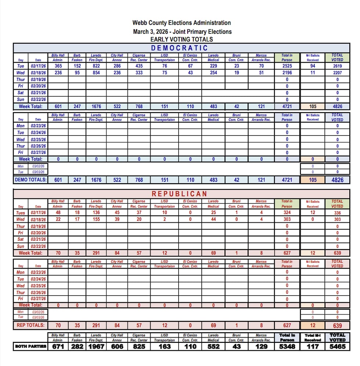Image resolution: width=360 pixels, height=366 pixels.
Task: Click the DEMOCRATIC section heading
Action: [x=180, y=48]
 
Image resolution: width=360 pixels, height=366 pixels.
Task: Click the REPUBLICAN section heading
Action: [x=180, y=193]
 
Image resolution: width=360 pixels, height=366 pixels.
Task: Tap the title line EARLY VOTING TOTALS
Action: [x=181, y=39]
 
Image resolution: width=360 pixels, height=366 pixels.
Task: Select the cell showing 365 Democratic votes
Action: [x=58, y=66]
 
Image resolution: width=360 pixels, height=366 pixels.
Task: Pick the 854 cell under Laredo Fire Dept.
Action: [x=96, y=73]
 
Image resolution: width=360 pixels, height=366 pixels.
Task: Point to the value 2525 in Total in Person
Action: [x=287, y=66]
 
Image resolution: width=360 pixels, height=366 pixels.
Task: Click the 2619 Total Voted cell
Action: [x=337, y=66]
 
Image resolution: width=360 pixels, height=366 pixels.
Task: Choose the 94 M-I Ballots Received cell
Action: [x=313, y=66]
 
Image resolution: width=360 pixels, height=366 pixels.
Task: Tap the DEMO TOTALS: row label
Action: [x=31, y=180]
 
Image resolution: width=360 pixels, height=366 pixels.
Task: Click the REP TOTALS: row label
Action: [x=31, y=325]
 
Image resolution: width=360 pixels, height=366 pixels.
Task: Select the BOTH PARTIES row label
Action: [x=31, y=346]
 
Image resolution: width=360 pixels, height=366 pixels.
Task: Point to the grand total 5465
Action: [x=337, y=346]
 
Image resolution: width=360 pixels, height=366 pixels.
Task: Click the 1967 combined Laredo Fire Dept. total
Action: [x=96, y=346]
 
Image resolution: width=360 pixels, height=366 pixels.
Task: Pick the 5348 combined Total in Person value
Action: [x=287, y=346]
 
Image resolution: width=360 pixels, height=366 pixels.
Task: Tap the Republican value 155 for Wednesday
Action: [x=96, y=219]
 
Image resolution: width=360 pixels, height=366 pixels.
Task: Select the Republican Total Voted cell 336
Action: [x=337, y=213]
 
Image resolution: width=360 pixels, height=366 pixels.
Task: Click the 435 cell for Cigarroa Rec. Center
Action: [x=139, y=66]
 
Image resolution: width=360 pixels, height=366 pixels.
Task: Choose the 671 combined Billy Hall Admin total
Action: [x=58, y=346]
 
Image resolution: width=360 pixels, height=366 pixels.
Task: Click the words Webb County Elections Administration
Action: [x=181, y=23]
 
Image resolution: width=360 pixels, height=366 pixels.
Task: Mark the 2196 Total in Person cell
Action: [x=287, y=73]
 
